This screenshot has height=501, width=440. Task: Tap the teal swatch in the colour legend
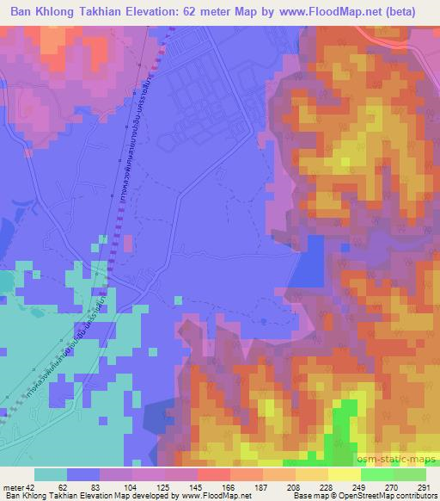[51, 474]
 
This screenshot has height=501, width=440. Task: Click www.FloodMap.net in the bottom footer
[217, 496]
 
